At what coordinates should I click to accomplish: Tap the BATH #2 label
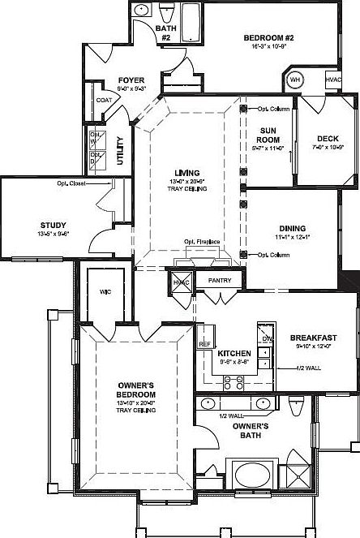coord(165,33)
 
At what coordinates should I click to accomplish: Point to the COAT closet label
coord(104,100)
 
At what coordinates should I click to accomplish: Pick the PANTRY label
coord(220,281)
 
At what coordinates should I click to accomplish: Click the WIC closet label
coord(105,291)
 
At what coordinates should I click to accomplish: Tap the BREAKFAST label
coord(314,338)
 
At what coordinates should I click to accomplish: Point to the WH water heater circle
coord(294,81)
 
